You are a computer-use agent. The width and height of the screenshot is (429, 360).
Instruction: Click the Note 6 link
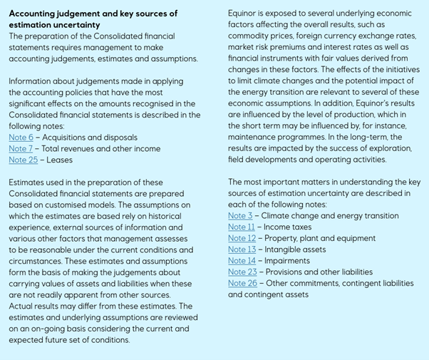pyautogui.click(x=21, y=137)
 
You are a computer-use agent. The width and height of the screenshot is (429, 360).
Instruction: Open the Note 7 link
pyautogui.click(x=21, y=148)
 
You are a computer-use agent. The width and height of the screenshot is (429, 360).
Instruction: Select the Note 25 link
pyautogui.click(x=23, y=160)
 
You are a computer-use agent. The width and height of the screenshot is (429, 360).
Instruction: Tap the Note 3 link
pyautogui.click(x=240, y=215)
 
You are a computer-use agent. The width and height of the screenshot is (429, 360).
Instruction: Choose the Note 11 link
pyautogui.click(x=241, y=227)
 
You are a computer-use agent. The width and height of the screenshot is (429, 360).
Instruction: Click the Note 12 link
pyautogui.click(x=242, y=238)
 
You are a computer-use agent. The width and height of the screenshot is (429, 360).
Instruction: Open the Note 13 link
pyautogui.click(x=242, y=250)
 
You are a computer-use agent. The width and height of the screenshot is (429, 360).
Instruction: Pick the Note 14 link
pyautogui.click(x=242, y=261)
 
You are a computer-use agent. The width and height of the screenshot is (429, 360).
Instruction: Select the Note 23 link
pyautogui.click(x=242, y=272)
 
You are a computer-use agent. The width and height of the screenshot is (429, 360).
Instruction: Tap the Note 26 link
pyautogui.click(x=242, y=283)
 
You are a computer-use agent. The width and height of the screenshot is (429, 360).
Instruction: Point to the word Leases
pyautogui.click(x=59, y=160)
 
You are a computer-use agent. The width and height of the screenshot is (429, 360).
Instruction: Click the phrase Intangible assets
pyautogui.click(x=296, y=250)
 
